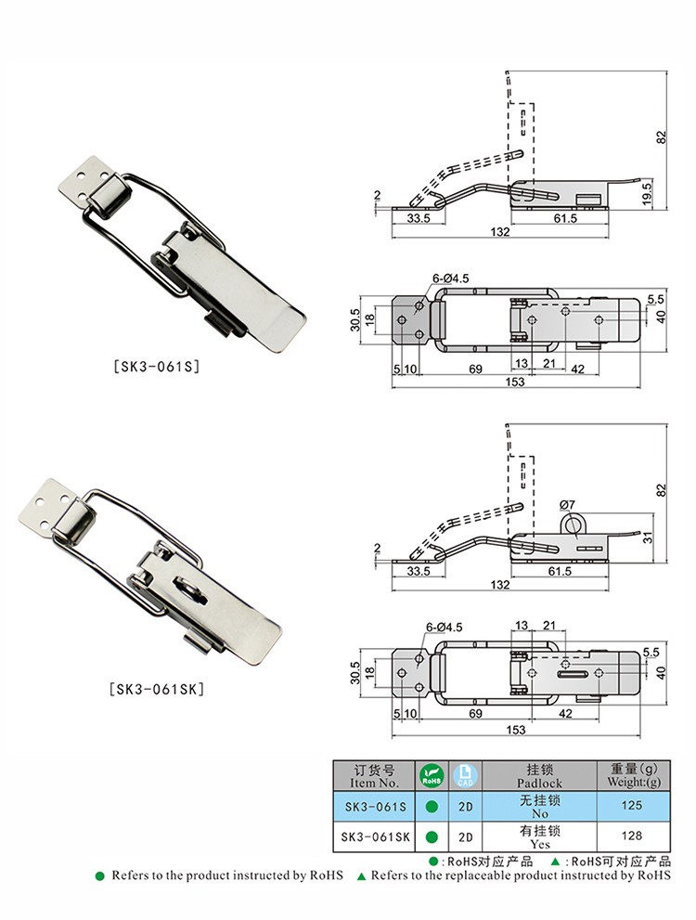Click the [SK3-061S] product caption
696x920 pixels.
tap(156, 367)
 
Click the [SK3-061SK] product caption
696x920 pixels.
tap(157, 689)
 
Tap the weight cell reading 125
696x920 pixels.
tap(631, 806)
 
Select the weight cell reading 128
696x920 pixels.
tap(631, 836)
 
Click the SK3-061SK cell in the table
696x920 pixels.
tap(375, 836)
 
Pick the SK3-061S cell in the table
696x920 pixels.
tap(375, 807)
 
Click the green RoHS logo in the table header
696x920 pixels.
tap(432, 776)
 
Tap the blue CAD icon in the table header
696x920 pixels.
tap(466, 776)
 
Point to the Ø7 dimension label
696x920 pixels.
tap(567, 505)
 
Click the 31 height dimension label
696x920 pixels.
tap(648, 537)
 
